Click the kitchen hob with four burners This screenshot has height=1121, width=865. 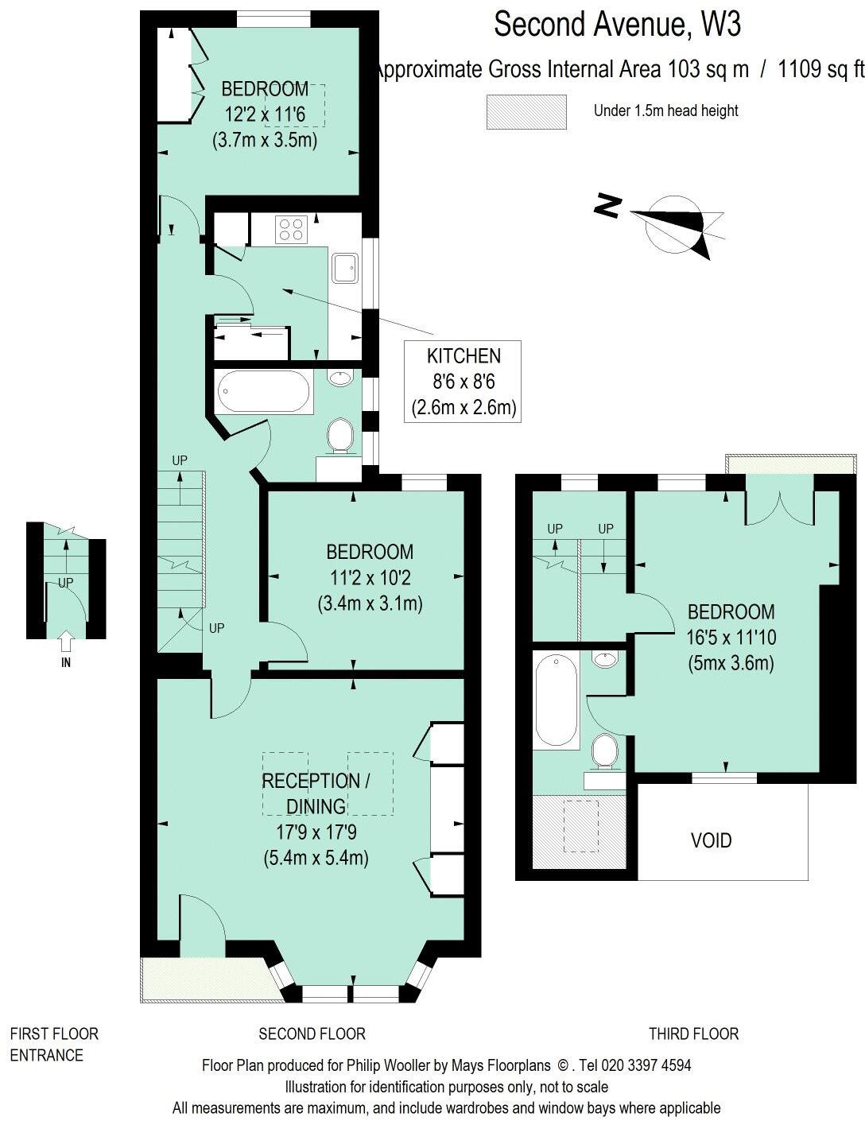(291, 230)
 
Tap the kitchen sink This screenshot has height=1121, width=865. (346, 268)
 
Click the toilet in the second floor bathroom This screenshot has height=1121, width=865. (340, 435)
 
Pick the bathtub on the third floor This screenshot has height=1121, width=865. (556, 700)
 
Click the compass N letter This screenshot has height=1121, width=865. (607, 206)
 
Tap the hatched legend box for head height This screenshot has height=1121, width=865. (526, 111)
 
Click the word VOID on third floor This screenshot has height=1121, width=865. (711, 840)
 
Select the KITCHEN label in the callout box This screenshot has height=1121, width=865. (464, 356)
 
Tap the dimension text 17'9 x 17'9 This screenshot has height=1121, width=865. (316, 832)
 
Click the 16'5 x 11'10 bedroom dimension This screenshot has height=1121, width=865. (731, 637)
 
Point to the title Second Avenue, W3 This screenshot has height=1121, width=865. (617, 24)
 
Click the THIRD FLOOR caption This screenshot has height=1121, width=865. (693, 1034)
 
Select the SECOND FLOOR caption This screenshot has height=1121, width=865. (312, 1034)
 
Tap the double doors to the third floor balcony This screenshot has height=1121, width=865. (779, 509)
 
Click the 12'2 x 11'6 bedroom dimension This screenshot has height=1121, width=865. (265, 114)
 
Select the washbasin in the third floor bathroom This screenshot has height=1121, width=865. (606, 659)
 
